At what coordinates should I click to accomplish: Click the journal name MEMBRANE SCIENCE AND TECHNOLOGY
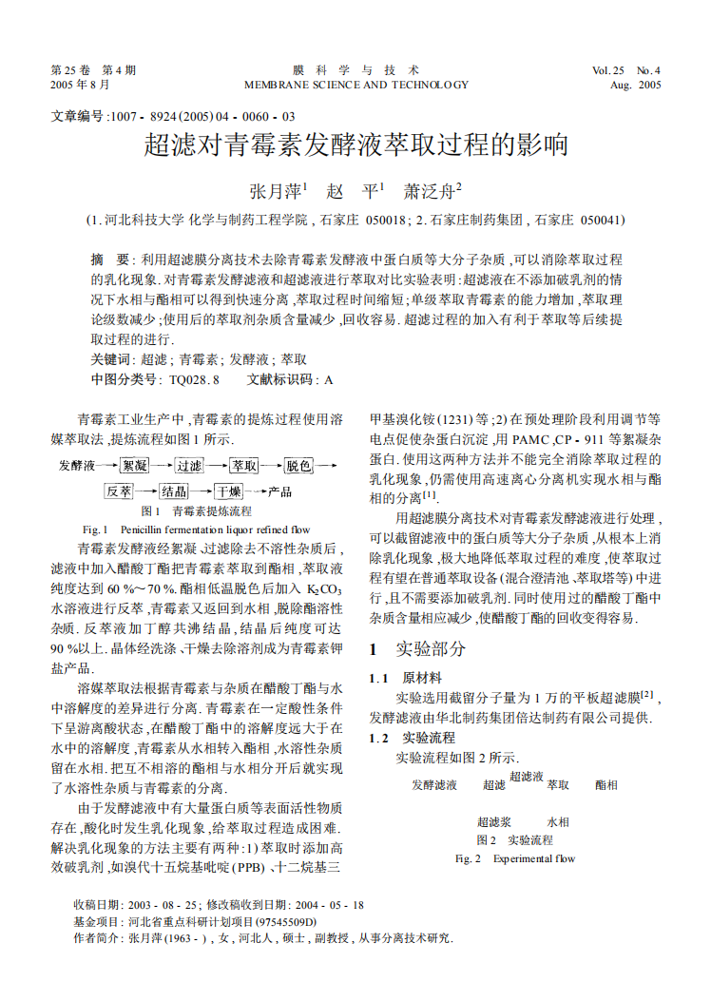pyautogui.click(x=356, y=85)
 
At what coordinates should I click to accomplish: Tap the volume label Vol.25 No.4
pyautogui.click(x=625, y=70)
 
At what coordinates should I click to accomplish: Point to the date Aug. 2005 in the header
pyautogui.click(x=634, y=85)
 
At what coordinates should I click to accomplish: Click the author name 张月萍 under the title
pyautogui.click(x=274, y=190)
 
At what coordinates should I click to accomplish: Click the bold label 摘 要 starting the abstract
pyautogui.click(x=110, y=260)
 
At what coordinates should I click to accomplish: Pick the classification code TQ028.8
pyautogui.click(x=194, y=379)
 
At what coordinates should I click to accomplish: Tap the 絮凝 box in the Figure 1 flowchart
pyautogui.click(x=134, y=466)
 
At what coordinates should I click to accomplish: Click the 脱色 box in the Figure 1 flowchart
pyautogui.click(x=298, y=466)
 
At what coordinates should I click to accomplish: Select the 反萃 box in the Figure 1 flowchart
pyautogui.click(x=119, y=491)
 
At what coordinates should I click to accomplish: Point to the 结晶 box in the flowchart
pyautogui.click(x=174, y=491)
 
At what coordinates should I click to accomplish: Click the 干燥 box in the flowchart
pyautogui.click(x=228, y=491)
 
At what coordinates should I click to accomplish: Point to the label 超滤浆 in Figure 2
pyautogui.click(x=494, y=821)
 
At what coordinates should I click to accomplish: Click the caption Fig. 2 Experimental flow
pyautogui.click(x=515, y=858)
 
